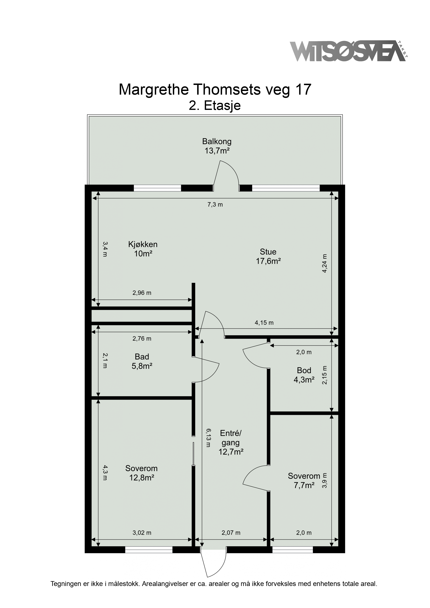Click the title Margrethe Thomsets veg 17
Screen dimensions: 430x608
[x=215, y=90]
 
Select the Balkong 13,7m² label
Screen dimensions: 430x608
[x=217, y=146]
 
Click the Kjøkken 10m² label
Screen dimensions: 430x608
[x=143, y=249]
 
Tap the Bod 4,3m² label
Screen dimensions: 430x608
[x=304, y=375]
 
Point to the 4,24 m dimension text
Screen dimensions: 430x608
[x=325, y=263]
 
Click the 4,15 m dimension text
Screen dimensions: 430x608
[x=264, y=323]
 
